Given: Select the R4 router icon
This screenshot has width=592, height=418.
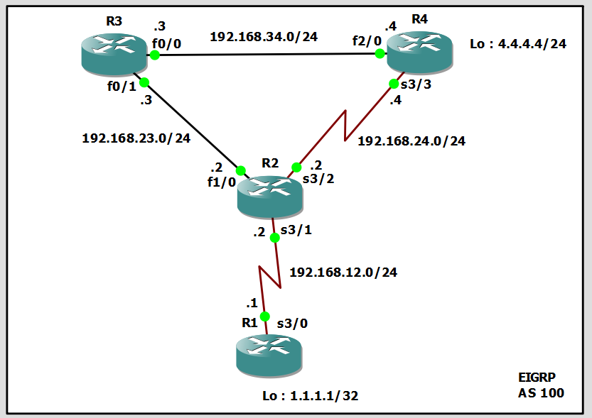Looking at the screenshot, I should click(x=419, y=53).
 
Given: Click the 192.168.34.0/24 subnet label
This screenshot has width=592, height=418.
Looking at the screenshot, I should click(x=264, y=37).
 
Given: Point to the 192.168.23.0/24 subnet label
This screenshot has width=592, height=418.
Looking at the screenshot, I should click(x=136, y=138).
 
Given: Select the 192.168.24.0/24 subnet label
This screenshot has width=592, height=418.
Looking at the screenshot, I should click(x=411, y=141).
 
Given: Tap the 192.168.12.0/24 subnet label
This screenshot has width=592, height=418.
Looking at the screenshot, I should click(x=343, y=272).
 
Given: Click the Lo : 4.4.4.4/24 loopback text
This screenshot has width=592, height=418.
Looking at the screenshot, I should click(x=518, y=45).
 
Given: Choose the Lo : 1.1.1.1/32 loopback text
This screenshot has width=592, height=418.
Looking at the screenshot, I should click(x=310, y=396).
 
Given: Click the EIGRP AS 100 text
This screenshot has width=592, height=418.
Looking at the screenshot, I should click(x=541, y=385).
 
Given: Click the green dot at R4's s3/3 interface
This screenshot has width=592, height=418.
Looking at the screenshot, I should click(x=394, y=84).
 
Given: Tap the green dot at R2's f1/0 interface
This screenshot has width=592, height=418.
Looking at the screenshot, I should click(x=240, y=171).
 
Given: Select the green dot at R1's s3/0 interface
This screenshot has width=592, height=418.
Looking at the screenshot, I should click(x=264, y=317).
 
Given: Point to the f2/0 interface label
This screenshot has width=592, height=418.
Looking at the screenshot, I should click(x=367, y=40).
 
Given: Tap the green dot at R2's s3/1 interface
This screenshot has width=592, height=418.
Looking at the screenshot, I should click(x=275, y=238).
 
